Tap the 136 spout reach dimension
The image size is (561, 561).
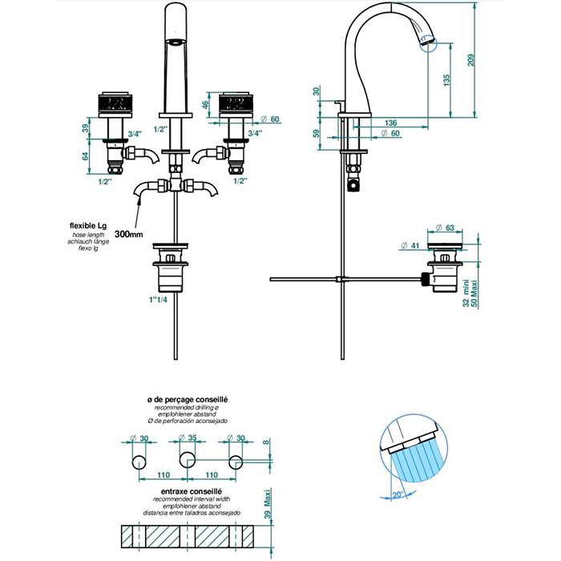point(391,123)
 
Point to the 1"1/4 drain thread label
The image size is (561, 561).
point(160,300)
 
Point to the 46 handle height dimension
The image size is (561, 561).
point(205,103)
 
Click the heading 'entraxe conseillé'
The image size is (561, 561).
point(184,490)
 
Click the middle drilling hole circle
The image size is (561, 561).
point(187,460)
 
